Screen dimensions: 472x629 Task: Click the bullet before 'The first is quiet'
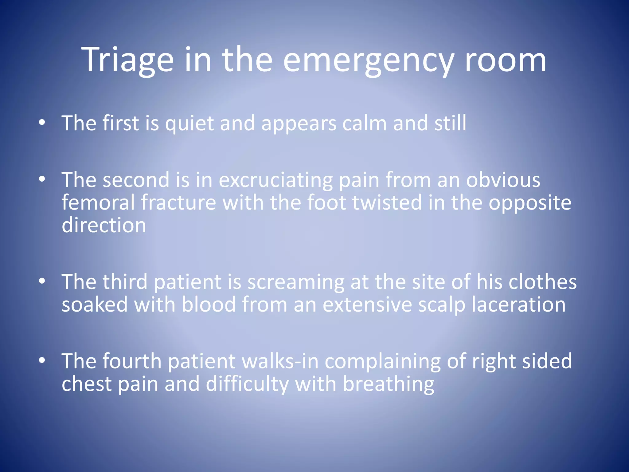(42, 123)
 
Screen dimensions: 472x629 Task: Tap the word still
(450, 123)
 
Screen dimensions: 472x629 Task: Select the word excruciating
(275, 180)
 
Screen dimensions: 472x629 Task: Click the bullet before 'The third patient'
(42, 281)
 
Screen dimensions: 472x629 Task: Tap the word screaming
(296, 282)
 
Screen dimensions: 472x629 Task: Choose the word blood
(209, 305)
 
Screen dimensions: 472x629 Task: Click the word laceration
(518, 305)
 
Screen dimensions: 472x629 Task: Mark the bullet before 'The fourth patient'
(42, 360)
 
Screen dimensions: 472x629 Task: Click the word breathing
(388, 384)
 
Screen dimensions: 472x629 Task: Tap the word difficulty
(247, 384)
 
